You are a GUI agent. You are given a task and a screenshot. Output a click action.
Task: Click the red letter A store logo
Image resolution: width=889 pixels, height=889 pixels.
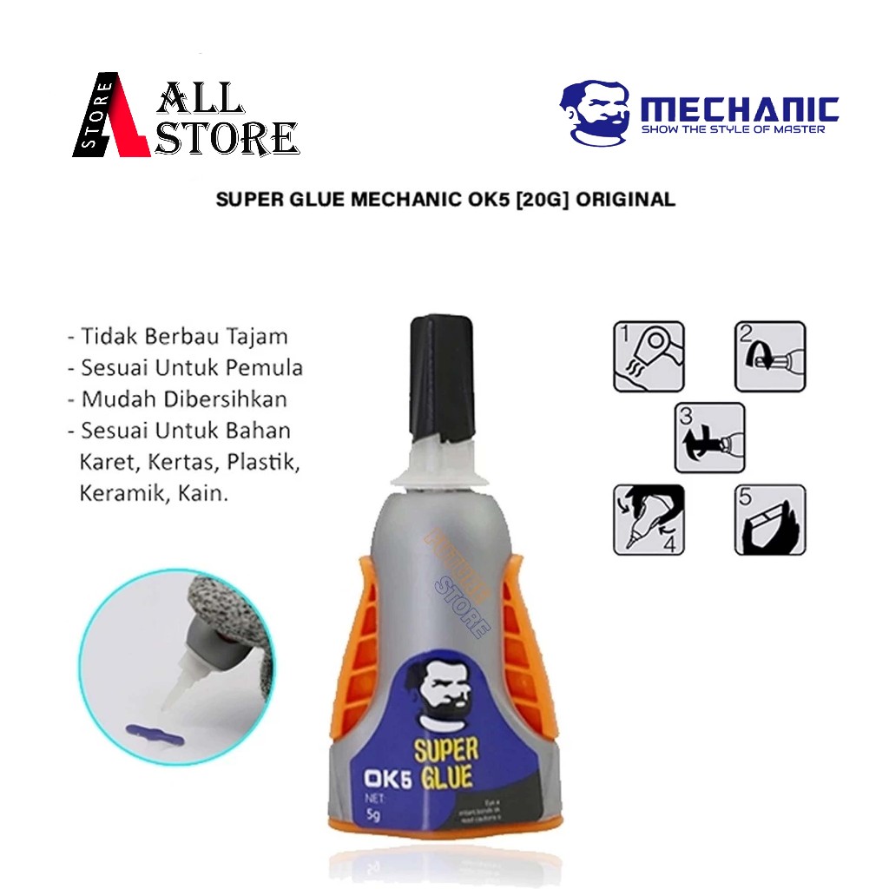pyautogui.click(x=111, y=115)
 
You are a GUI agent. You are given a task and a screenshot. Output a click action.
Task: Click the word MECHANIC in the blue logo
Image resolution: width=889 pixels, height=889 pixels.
pyautogui.click(x=739, y=110)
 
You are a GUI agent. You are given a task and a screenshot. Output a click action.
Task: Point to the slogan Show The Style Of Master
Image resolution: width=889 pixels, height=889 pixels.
pyautogui.click(x=732, y=129)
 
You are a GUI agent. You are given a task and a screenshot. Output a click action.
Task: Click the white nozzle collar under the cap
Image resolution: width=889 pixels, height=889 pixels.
pyautogui.click(x=441, y=470)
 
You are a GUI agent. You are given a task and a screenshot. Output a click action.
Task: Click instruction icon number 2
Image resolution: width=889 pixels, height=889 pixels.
pyautogui.click(x=770, y=356)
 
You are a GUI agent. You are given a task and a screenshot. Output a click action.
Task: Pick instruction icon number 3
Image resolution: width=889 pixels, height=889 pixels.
pyautogui.click(x=709, y=438)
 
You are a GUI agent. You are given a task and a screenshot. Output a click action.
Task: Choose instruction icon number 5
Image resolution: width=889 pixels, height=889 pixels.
pyautogui.click(x=770, y=519)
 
